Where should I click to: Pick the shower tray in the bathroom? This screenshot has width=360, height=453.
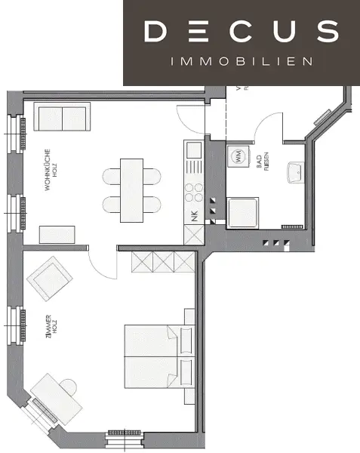[x=243, y=211]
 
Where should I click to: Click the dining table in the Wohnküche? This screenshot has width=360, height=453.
[x=131, y=189]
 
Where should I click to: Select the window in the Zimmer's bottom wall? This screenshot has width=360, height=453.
[x=126, y=434]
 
